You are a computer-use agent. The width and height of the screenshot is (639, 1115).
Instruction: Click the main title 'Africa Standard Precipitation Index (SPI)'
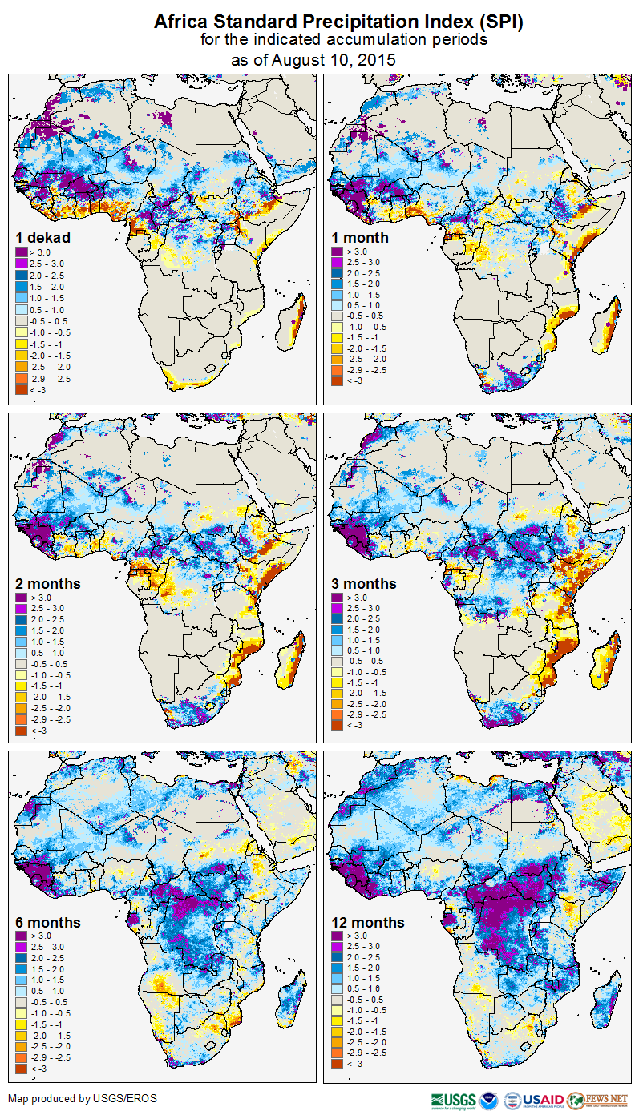coord(338,22)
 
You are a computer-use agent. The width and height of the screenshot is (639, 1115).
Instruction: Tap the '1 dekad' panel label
coord(42,237)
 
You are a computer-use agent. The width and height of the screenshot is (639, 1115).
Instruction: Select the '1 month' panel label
coord(360,237)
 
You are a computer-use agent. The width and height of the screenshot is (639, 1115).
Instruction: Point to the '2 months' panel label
coord(48,583)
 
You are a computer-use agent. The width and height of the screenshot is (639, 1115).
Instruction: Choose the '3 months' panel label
coord(364,583)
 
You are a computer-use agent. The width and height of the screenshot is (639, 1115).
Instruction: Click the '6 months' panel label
coord(48,922)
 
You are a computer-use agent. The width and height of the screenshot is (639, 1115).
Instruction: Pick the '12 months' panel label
coord(367,922)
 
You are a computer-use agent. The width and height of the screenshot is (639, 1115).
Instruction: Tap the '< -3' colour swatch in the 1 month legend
coord(336,381)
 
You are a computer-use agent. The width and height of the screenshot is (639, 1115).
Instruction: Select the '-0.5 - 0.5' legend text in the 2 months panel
coord(48,664)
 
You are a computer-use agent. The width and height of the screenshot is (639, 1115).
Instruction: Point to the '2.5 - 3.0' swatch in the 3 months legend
coord(336,608)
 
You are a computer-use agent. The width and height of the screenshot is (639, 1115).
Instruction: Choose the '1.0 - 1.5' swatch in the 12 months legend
coord(336,978)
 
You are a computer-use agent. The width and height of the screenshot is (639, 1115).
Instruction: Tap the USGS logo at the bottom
coord(454,1099)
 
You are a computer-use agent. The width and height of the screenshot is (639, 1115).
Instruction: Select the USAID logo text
coord(544,1099)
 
